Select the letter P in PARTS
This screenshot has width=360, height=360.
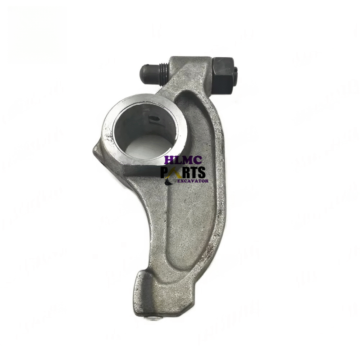165,172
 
